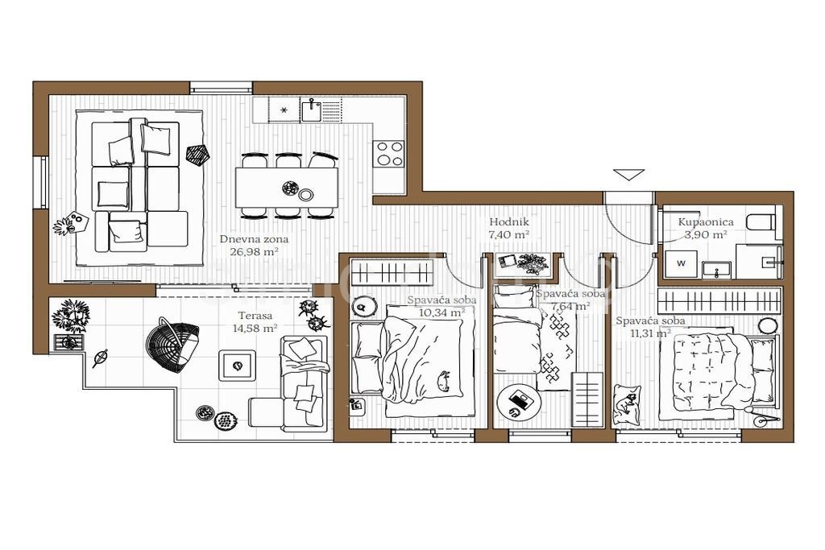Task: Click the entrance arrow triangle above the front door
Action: (x=629, y=175)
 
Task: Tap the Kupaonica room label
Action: (x=706, y=222)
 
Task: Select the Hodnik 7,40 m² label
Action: (x=509, y=228)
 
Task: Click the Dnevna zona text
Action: (x=254, y=239)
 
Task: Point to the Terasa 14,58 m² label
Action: (x=255, y=322)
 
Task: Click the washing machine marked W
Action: (x=682, y=263)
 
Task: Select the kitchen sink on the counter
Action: (x=313, y=110)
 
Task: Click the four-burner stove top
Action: (x=389, y=154)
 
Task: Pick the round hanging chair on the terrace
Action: (x=172, y=345)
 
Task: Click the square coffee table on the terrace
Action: (x=238, y=365)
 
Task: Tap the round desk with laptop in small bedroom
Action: (x=516, y=401)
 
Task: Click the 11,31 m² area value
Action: (x=650, y=333)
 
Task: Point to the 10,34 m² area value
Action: (x=442, y=312)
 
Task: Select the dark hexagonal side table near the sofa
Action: (x=198, y=155)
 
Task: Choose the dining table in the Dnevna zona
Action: (x=287, y=187)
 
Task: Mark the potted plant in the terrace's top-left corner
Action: (x=70, y=316)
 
